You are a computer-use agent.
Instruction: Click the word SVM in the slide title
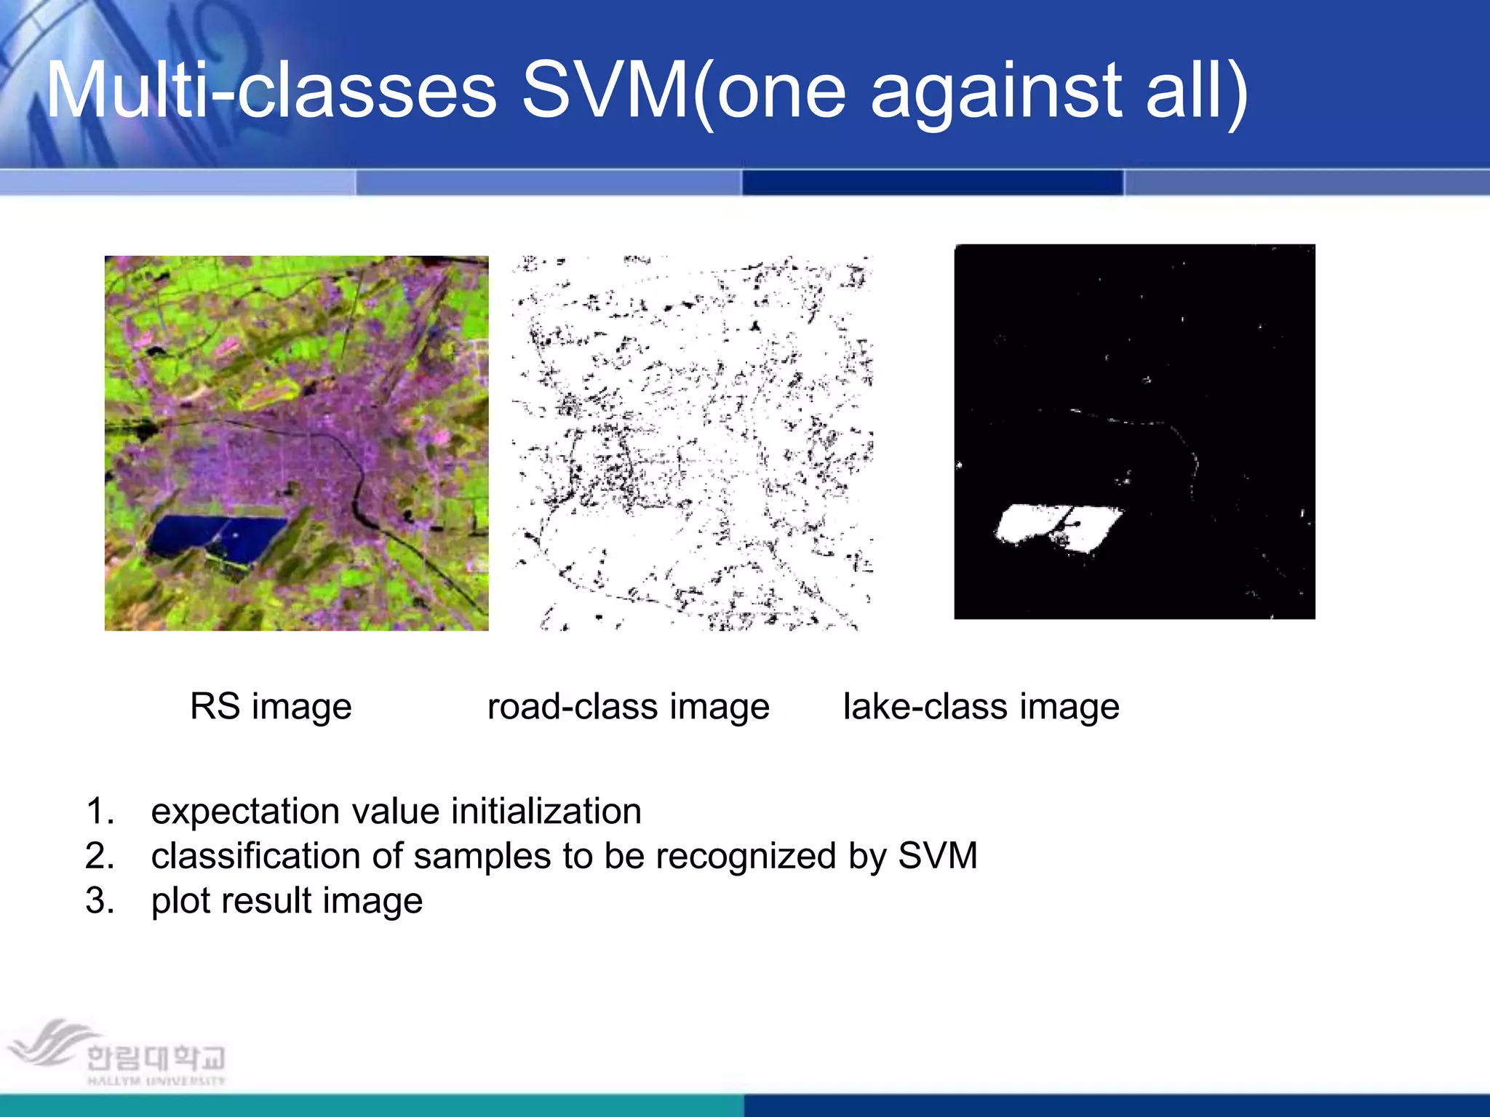point(605,91)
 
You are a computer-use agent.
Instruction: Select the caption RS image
point(271,707)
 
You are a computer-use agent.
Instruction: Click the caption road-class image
point(628,707)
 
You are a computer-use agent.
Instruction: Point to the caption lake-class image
point(981,707)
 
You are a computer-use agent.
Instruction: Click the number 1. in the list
point(100,812)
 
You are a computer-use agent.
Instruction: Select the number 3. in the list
point(100,901)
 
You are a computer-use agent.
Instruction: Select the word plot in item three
point(182,902)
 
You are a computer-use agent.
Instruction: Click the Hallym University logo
point(116,1054)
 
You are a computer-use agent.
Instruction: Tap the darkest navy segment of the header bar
point(933,182)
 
